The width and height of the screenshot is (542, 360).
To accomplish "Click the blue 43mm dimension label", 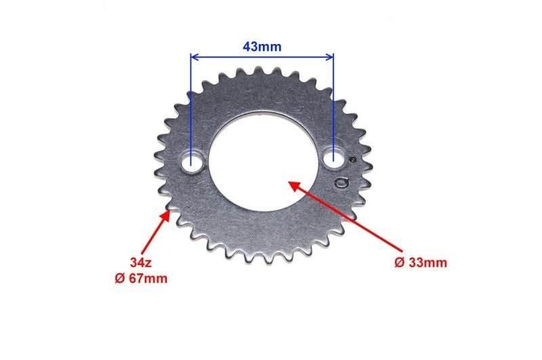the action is [x=262, y=46].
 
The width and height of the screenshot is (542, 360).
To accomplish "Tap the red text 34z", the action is [x=141, y=263].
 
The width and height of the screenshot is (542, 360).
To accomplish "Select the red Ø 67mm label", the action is [x=141, y=279].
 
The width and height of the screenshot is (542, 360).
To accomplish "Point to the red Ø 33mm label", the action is [x=421, y=263].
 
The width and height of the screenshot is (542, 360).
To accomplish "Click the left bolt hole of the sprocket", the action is [x=192, y=162].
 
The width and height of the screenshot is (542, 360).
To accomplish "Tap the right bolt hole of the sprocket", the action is [x=334, y=159].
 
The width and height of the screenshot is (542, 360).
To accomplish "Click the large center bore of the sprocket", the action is [x=264, y=163].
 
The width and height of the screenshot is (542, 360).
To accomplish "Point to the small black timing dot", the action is [x=353, y=160].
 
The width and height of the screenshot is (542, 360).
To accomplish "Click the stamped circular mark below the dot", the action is [x=341, y=183].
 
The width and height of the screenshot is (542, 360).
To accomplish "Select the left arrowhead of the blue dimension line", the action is [x=194, y=57].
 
